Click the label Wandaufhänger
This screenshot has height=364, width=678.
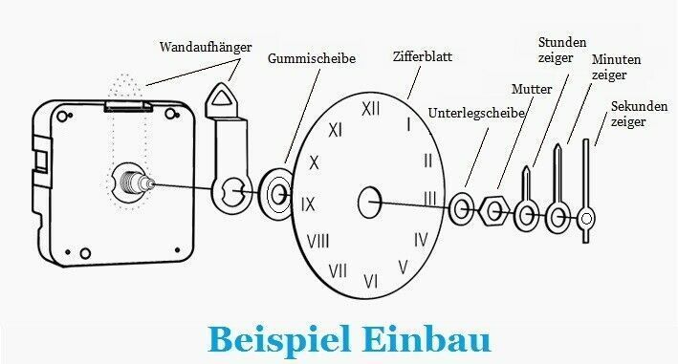coord(206,47)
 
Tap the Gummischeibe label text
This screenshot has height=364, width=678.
coord(312,58)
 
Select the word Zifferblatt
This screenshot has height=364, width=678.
coord(423,56)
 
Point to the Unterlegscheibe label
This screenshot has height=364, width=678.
coord(476,113)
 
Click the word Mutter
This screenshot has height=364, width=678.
coord(532,89)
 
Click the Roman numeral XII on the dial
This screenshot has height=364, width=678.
coord(371,109)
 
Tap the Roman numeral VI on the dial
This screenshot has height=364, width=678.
coord(371,282)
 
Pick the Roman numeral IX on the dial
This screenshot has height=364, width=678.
coord(308,204)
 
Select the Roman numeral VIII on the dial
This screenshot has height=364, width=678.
coord(317,241)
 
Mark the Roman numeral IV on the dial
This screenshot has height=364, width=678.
coord(421,240)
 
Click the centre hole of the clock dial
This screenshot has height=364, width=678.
coord(370,203)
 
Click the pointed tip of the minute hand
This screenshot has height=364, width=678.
coord(558,145)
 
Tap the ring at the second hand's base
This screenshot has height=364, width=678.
coord(586,219)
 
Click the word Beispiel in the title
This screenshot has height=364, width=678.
coord(279,339)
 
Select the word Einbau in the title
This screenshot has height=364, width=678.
coord(426,339)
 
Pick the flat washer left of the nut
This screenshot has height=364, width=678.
coord(461,209)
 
